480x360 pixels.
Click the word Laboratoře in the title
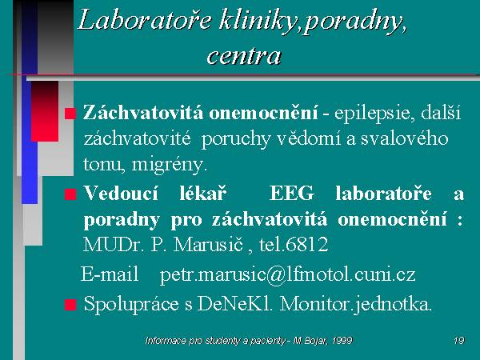pyautogui.click(x=145, y=20)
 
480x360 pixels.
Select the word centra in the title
pyautogui.click(x=244, y=56)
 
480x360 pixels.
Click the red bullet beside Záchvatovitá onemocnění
pyautogui.click(x=70, y=114)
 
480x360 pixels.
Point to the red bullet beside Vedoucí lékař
pyautogui.click(x=70, y=194)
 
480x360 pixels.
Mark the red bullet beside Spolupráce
pyautogui.click(x=70, y=305)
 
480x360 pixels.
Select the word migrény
pyautogui.click(x=170, y=166)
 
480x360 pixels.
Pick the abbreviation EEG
pyautogui.click(x=292, y=194)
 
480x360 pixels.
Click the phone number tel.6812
pyautogui.click(x=294, y=244)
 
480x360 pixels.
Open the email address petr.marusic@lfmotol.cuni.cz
pyautogui.click(x=288, y=275)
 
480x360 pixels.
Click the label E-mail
pyautogui.click(x=110, y=274)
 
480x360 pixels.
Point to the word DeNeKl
pyautogui.click(x=234, y=304)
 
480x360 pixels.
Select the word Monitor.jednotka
pyautogui.click(x=356, y=305)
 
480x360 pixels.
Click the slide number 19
pyautogui.click(x=459, y=341)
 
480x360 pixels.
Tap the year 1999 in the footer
pyautogui.click(x=342, y=341)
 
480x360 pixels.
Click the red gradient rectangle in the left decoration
pyautogui.click(x=45, y=111)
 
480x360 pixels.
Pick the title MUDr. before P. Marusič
pyautogui.click(x=114, y=244)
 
